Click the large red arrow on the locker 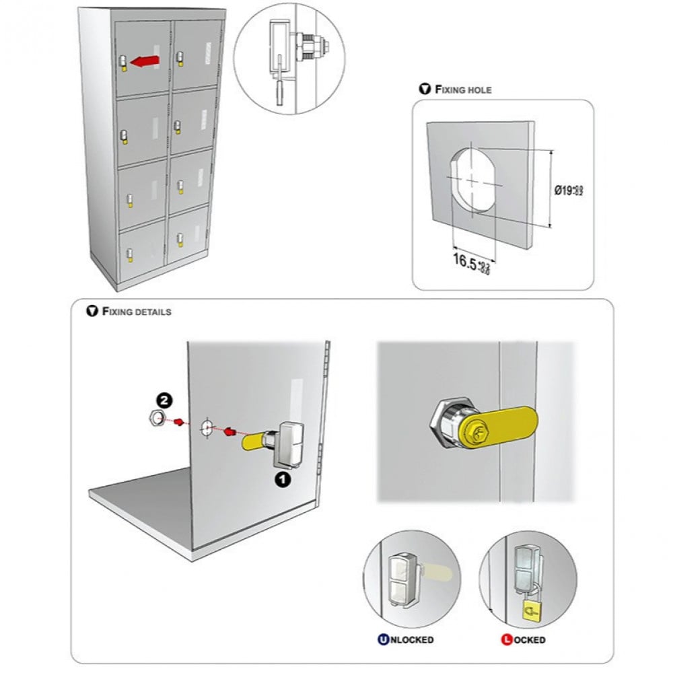[x=143, y=62]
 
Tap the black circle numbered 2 [x=165, y=402]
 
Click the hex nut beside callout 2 [x=154, y=420]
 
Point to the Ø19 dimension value [x=568, y=190]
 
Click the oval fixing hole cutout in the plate [x=472, y=180]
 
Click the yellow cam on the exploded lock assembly [x=252, y=442]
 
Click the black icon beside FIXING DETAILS [x=92, y=312]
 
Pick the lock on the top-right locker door [x=179, y=54]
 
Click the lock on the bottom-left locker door [x=129, y=254]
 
